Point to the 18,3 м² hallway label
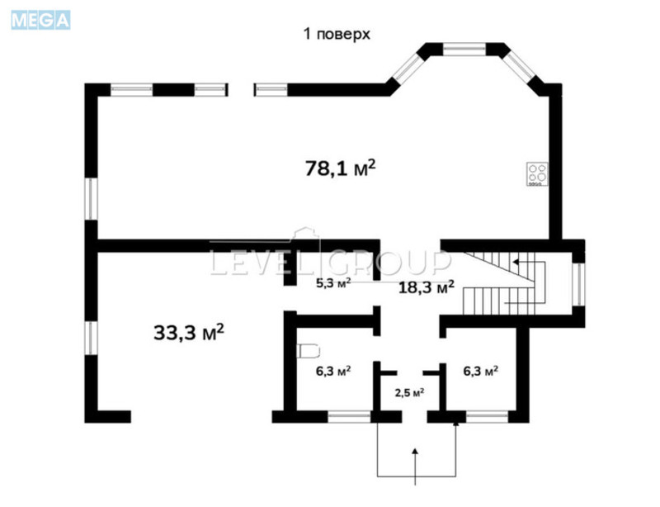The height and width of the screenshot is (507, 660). coord(427,287)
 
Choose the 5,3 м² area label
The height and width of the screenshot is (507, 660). coord(334,283)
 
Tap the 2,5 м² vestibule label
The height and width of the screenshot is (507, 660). coord(408,392)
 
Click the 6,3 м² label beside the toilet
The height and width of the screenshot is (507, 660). coord(334,372)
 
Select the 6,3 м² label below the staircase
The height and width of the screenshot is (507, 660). coord(480,372)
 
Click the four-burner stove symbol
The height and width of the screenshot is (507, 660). coord(538,174)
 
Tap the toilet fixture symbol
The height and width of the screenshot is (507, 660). coord(307,350)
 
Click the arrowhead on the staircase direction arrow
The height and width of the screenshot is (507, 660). coord(516,262)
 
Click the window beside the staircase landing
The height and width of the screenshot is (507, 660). coord(577,283)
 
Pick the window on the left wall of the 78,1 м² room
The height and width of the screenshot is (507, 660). coord(91,198)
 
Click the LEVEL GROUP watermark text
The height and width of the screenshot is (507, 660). coord(330,263)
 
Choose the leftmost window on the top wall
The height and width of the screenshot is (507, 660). coord(132,89)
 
